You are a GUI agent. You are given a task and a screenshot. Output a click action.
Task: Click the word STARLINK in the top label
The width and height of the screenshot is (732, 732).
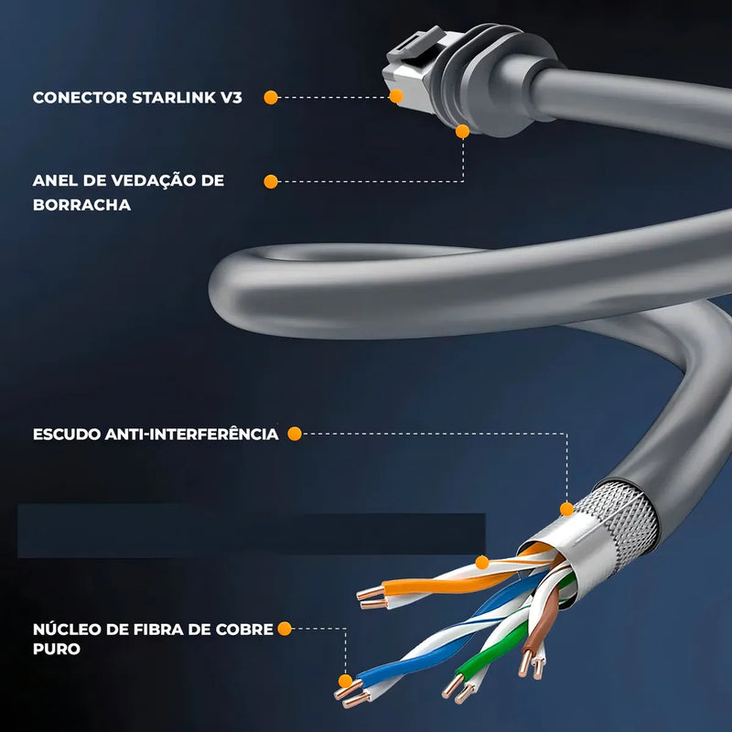point(174,98)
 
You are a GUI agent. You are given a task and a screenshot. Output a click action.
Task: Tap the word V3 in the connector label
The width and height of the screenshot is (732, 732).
point(231,98)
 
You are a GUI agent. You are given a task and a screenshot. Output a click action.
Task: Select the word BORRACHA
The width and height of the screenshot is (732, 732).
point(81,205)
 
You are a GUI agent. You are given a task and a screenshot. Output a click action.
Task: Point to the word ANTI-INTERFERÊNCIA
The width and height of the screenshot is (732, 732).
point(192,434)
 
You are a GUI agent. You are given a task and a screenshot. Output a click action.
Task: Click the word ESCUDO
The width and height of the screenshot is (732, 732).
point(67,434)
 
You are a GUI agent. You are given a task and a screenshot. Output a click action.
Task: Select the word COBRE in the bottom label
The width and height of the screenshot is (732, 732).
point(244,630)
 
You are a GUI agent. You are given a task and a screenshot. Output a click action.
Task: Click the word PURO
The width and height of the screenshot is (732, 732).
point(57,649)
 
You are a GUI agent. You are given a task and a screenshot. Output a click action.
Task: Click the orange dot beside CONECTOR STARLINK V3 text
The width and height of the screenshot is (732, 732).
point(271,98)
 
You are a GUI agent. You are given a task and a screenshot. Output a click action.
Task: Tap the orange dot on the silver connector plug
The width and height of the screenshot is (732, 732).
point(396,96)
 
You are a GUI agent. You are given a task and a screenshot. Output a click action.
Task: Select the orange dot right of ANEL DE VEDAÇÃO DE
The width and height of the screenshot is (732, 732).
point(271,181)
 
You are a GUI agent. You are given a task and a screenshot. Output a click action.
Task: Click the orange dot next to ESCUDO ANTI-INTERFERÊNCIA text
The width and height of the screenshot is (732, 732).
point(295,434)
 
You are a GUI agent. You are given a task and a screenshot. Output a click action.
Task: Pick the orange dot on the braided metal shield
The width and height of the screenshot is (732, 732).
point(566,509)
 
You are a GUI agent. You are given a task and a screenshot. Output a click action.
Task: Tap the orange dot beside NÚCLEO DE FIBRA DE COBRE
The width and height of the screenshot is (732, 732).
point(285,629)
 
